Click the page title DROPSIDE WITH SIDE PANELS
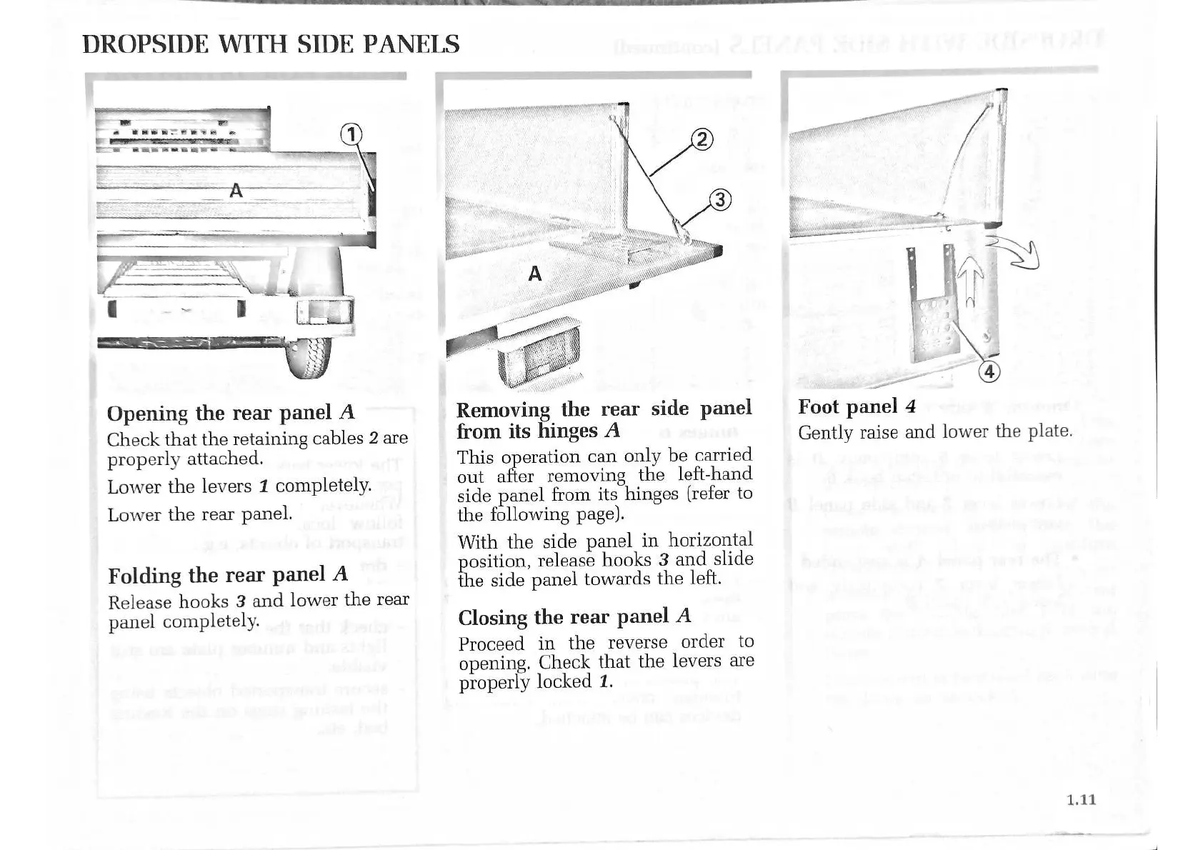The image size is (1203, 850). click(x=271, y=44)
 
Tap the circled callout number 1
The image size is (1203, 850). click(x=351, y=134)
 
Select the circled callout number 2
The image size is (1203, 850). click(x=703, y=140)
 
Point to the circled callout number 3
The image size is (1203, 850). click(x=720, y=201)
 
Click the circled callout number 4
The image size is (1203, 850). click(x=989, y=371)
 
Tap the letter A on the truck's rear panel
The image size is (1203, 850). click(x=236, y=191)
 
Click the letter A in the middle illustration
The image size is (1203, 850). click(x=534, y=274)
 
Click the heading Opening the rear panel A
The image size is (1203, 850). click(x=230, y=413)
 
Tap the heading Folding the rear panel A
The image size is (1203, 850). click(x=227, y=575)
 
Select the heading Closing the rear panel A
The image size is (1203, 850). click(x=574, y=616)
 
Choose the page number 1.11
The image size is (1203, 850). click(x=1081, y=799)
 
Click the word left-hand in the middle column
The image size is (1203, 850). click(x=712, y=474)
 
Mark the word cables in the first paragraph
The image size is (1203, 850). click(x=336, y=439)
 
